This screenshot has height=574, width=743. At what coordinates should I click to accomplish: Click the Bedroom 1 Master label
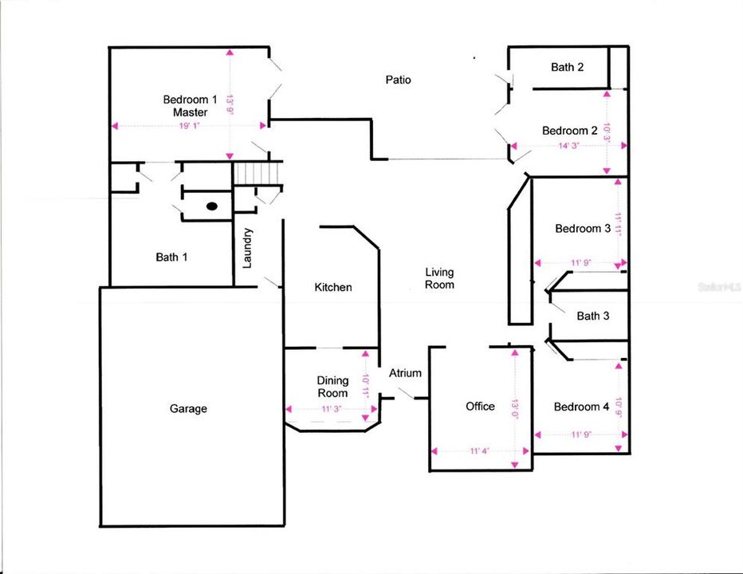tap(190, 106)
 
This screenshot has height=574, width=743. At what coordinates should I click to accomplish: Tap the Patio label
tap(399, 80)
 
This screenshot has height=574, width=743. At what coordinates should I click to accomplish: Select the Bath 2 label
tap(567, 67)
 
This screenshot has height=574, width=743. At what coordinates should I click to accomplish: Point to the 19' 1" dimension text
tap(189, 125)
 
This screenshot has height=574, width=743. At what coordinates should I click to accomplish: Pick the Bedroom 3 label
tap(583, 229)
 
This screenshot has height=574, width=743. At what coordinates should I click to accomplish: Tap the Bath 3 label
tap(593, 316)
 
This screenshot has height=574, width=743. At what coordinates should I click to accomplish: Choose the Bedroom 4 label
tap(581, 407)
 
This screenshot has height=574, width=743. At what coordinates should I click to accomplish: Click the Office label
tap(480, 407)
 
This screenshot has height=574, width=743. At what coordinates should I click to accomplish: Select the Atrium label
tap(405, 373)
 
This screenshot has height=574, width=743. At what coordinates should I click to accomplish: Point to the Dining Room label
tap(332, 387)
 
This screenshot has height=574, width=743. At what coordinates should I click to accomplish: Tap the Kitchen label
tap(333, 287)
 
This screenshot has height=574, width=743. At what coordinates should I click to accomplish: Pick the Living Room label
tap(439, 278)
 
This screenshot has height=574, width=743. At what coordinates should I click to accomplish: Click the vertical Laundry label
tap(248, 249)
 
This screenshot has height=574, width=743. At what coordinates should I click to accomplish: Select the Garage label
tap(188, 409)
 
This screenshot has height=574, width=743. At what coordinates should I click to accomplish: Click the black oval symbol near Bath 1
tap(212, 206)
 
